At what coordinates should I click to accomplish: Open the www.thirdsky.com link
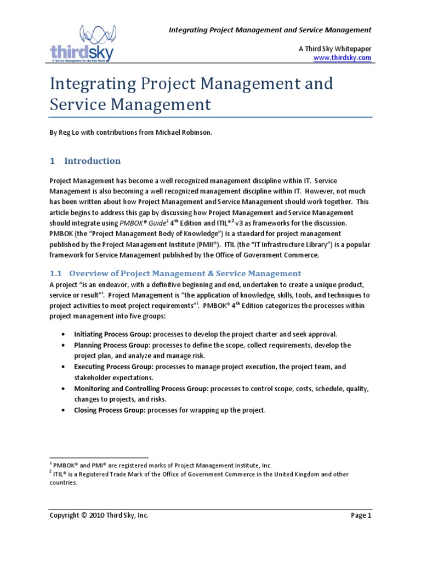point(342,58)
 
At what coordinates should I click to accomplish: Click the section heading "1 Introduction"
point(85,161)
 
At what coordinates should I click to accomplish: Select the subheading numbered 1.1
point(175,273)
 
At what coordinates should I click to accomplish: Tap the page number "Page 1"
point(361,516)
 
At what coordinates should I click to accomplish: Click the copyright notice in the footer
point(99,516)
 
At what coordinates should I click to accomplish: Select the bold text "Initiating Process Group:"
point(112,334)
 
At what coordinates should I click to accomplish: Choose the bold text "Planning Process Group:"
point(112,346)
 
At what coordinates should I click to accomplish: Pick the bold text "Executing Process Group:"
point(113,367)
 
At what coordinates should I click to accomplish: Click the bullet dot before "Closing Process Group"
point(66,410)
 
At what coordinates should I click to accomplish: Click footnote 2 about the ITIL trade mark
point(200,474)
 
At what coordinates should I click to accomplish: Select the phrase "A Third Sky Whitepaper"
point(335,48)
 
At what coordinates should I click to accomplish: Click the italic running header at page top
point(269,30)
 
